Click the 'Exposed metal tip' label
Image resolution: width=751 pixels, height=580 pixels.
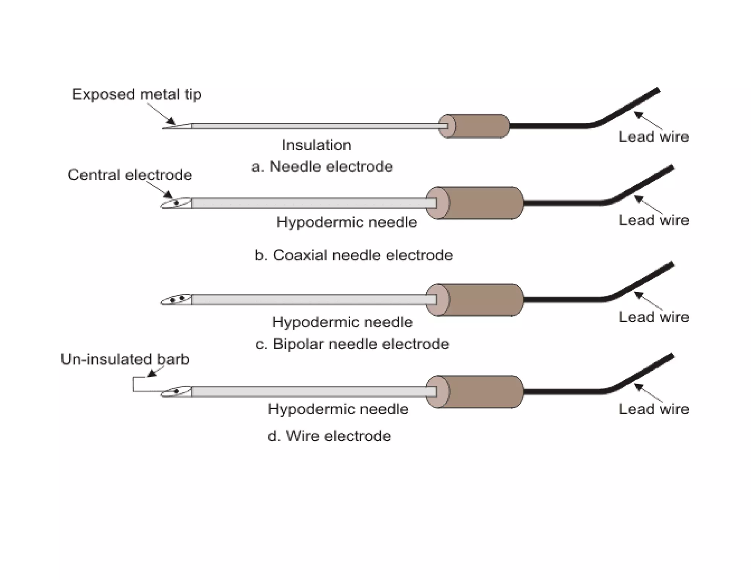pos(136,95)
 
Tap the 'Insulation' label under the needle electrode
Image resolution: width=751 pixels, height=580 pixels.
pos(316,145)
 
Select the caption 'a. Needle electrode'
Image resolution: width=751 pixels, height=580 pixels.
pos(322,167)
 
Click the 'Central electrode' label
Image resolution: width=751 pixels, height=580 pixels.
pos(130,175)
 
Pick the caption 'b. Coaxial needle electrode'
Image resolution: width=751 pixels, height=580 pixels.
pos(353,256)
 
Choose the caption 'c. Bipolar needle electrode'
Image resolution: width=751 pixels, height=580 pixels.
pos(352,344)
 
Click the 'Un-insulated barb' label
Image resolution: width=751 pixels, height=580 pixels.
pos(125,359)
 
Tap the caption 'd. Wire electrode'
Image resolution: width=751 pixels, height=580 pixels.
pos(329,436)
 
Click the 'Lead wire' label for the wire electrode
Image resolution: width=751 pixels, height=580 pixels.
pos(653,409)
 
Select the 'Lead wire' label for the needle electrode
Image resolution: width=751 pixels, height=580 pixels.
pos(653,137)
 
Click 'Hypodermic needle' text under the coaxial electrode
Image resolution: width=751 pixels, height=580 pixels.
pos(347,223)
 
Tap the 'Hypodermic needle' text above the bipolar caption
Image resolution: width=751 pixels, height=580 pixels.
pos(342,322)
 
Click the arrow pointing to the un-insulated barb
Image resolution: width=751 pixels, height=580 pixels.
pos(152,372)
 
